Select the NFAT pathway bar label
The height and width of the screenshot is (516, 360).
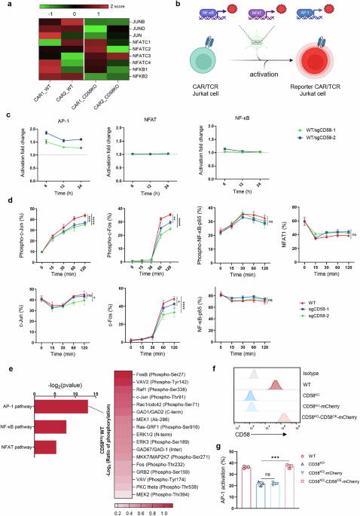pyautogui.click(x=20, y=427)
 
